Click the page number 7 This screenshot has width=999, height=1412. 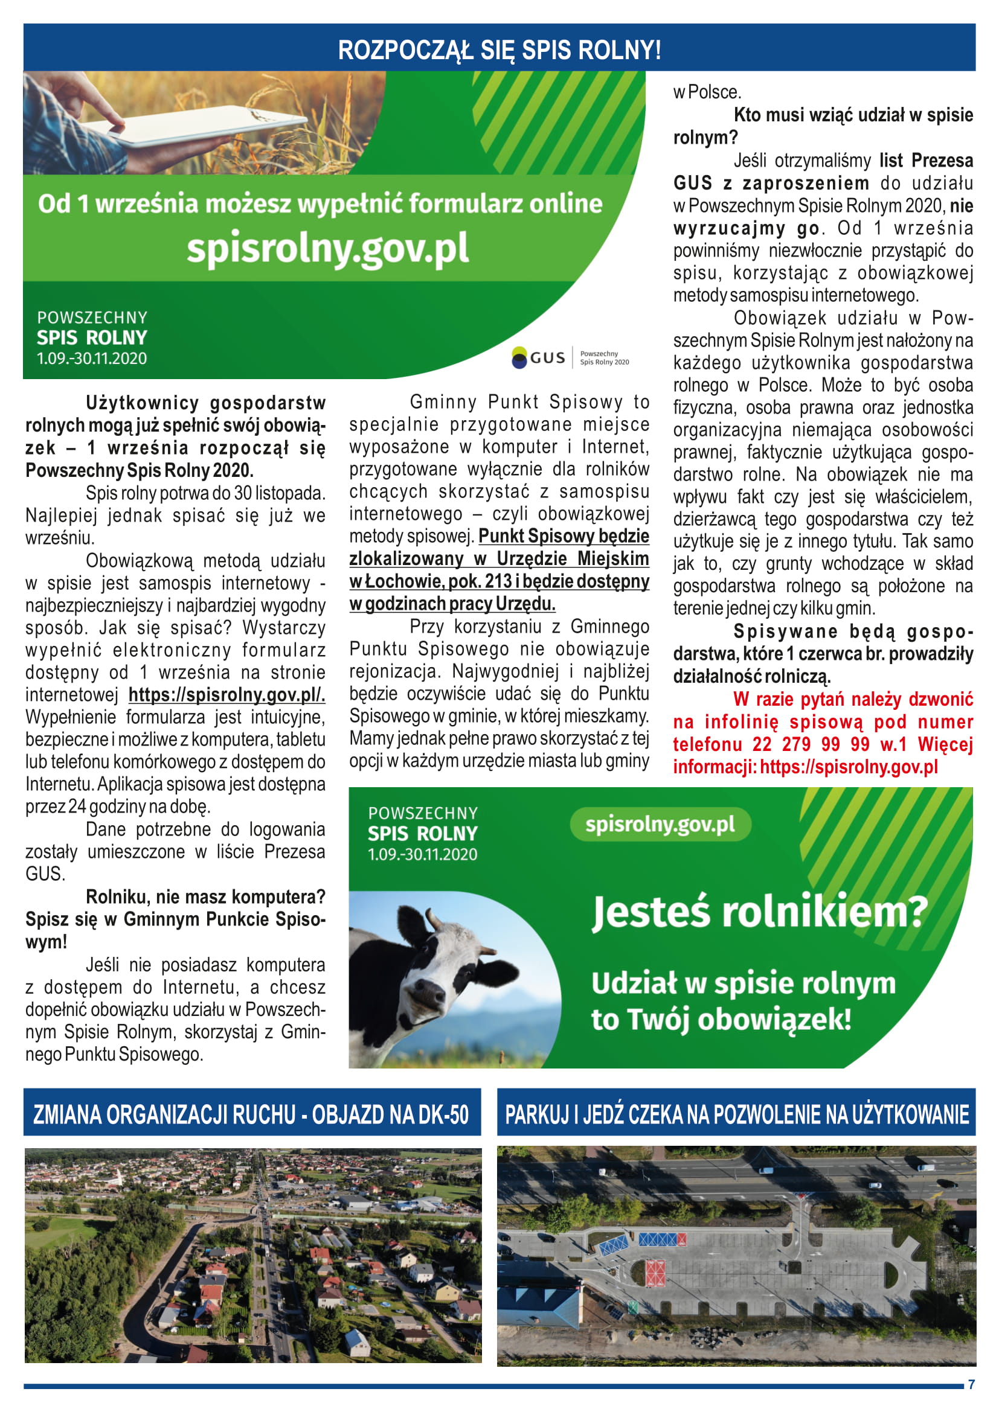971,1384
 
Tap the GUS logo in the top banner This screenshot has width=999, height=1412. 538,357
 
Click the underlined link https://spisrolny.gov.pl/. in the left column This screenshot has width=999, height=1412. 226,695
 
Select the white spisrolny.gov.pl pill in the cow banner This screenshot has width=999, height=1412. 660,825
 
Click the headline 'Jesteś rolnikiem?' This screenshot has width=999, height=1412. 759,913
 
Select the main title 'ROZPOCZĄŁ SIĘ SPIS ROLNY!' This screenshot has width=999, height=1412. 499,49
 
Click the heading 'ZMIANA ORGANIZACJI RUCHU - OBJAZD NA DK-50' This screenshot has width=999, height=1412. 252,1114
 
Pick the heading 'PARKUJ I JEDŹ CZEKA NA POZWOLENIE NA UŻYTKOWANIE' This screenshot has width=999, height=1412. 736,1114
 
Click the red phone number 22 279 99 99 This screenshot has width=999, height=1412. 811,744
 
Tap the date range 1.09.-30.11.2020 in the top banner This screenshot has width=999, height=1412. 92,359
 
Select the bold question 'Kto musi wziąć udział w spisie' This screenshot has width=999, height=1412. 853,115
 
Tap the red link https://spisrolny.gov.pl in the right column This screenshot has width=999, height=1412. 848,767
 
